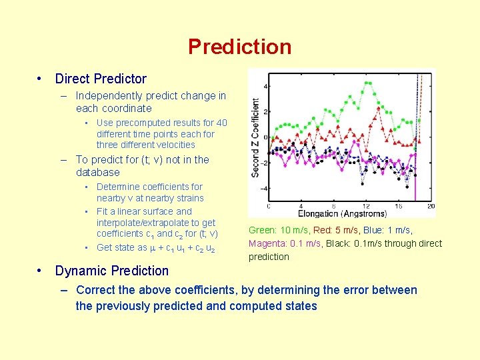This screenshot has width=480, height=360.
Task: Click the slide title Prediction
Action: [239, 47]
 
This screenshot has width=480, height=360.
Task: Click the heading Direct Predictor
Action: [101, 79]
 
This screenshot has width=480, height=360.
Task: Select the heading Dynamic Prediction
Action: [112, 271]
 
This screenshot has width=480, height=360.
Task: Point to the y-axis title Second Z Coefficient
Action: [255, 138]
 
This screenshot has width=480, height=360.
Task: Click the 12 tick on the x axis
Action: [365, 206]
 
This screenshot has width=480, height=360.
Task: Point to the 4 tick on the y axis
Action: [267, 87]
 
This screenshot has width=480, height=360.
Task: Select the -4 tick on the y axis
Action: [265, 189]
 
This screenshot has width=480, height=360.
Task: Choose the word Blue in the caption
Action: [374, 230]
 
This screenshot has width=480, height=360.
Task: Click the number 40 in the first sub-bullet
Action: [221, 123]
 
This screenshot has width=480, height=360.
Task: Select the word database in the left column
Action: [98, 172]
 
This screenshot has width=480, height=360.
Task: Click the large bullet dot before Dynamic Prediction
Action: [41, 271]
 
